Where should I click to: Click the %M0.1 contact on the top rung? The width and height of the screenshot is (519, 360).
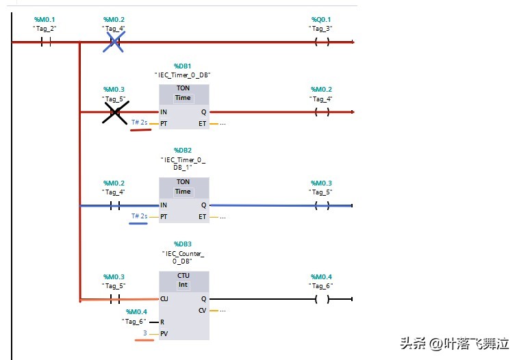(45, 42)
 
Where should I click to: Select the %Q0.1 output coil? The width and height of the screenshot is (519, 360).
(321, 42)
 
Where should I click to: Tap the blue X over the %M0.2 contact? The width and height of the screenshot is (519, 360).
(114, 42)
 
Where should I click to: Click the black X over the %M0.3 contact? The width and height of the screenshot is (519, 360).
(116, 112)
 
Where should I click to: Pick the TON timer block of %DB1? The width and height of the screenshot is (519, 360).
(183, 106)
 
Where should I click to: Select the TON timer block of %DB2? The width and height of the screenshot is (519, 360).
(183, 200)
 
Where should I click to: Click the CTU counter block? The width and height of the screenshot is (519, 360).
(183, 305)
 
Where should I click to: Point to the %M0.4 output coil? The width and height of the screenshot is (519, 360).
(321, 299)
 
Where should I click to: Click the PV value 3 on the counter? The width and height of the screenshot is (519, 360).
(144, 333)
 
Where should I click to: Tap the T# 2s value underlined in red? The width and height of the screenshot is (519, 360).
(140, 123)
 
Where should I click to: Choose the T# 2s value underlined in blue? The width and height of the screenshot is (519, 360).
(140, 216)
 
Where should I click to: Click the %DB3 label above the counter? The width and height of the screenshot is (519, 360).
(183, 244)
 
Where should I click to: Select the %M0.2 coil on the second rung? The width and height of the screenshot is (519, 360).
(321, 112)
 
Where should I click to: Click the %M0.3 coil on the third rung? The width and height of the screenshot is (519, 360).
(321, 205)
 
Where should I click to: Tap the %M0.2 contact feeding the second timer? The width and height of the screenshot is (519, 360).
(114, 205)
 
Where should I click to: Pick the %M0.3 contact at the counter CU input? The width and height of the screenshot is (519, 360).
(114, 299)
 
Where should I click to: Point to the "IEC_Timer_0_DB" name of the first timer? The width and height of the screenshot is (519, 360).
(183, 75)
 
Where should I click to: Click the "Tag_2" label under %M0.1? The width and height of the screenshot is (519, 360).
(45, 28)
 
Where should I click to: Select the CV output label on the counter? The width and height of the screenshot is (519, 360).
(203, 310)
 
